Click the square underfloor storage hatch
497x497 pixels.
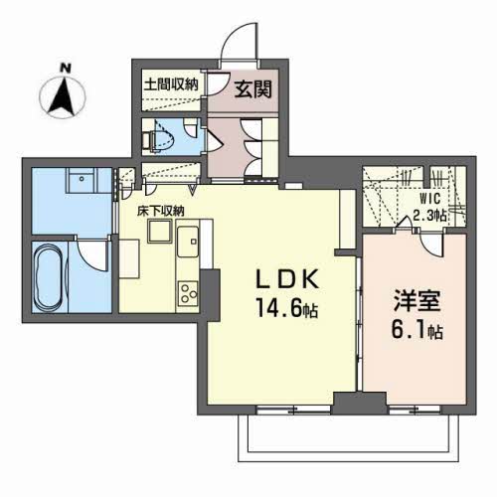coord(159,232)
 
